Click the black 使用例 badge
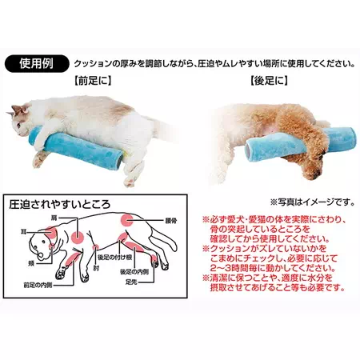[37, 64]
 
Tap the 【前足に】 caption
[93, 81]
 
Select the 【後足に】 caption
[269, 81]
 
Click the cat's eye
[18, 125]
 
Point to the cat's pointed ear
[16, 109]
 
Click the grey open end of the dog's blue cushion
[249, 146]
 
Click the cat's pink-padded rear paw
[130, 182]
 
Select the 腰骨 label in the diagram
[171, 221]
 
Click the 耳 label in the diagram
[23, 231]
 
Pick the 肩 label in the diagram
[54, 218]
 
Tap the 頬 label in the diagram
[31, 264]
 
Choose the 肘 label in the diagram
[96, 267]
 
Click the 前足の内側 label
[38, 285]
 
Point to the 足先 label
[131, 282]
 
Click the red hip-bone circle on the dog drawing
[127, 220]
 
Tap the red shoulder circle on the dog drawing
[78, 236]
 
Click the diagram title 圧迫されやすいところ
[60, 204]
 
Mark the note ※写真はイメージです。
[313, 202]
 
